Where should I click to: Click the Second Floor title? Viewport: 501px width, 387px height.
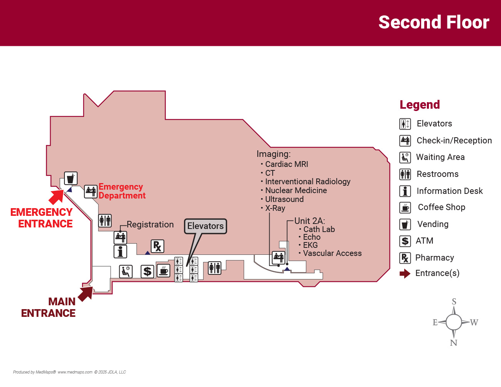tap(434, 22)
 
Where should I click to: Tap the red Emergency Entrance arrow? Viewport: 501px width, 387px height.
tap(56, 197)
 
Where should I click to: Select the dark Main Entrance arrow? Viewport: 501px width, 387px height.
tap(85, 293)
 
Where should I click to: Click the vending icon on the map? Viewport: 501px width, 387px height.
tap(71, 178)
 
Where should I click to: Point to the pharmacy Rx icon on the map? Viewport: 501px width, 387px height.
tap(157, 246)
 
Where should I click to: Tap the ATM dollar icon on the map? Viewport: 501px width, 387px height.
tap(147, 271)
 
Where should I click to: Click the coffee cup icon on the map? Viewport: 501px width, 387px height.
tap(164, 271)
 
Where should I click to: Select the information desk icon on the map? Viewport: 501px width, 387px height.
tap(120, 252)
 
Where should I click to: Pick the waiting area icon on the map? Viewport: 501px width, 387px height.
tap(126, 271)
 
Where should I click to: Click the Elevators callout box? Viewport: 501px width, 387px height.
tap(206, 226)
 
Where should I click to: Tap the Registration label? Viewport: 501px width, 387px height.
tap(150, 224)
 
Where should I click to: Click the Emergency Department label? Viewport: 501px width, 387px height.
tap(121, 191)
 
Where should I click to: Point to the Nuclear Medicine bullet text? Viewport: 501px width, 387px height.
tap(296, 190)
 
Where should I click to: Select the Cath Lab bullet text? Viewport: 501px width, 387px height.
tap(319, 229)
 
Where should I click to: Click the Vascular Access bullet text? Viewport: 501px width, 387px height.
tap(332, 253)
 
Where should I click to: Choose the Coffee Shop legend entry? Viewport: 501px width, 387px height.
tap(441, 207)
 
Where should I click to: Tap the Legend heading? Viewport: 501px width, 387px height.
tap(420, 105)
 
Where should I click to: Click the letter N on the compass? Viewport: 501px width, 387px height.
tap(454, 343)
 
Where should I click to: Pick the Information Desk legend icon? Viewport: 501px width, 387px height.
tap(405, 191)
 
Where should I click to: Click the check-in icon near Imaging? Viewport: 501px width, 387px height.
tap(278, 256)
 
